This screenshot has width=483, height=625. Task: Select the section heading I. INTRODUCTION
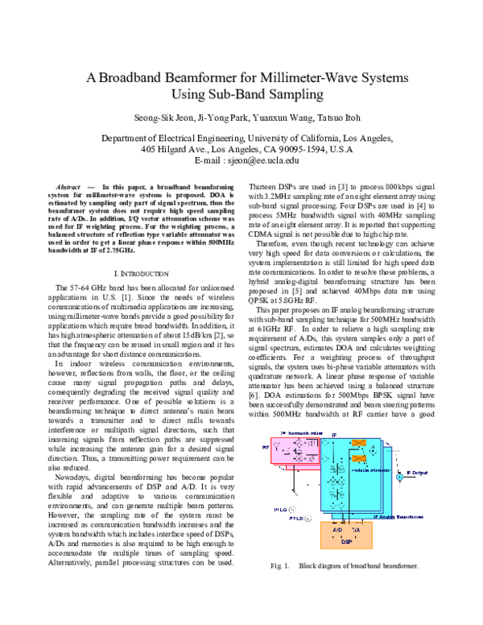click(x=151, y=230)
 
